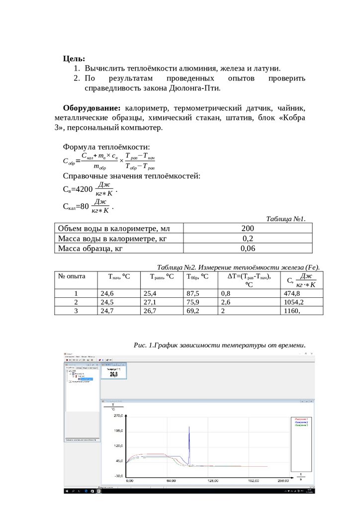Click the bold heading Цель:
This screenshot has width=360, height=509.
(x=74, y=58)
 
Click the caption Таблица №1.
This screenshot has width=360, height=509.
(x=285, y=219)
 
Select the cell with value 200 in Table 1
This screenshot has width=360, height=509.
(x=248, y=228)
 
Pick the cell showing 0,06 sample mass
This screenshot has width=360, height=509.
(x=248, y=249)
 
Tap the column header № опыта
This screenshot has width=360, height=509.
(x=73, y=276)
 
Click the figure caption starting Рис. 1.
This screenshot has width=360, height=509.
(x=219, y=345)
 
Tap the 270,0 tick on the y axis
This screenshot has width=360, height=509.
(x=118, y=415)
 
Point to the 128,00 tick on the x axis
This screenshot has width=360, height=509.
(x=213, y=481)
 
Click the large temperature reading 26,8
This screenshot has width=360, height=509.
(x=113, y=374)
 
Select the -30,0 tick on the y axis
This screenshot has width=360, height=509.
(x=118, y=476)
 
